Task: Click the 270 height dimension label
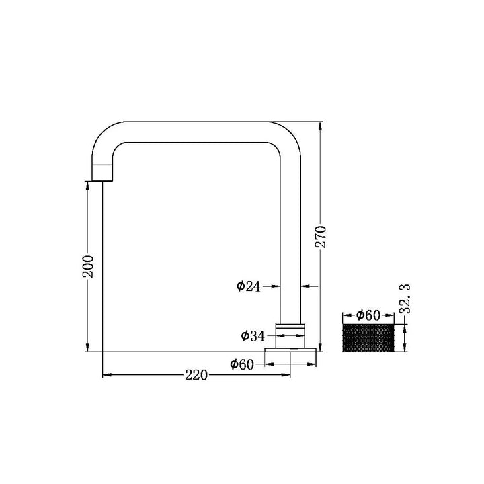(x=321, y=237)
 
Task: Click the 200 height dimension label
(x=88, y=266)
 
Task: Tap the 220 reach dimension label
(x=196, y=375)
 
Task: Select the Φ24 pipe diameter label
(x=249, y=286)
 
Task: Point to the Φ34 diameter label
(x=253, y=336)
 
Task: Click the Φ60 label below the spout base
(x=242, y=364)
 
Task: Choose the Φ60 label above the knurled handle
(x=368, y=315)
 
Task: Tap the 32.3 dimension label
(x=405, y=299)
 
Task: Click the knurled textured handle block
(x=368, y=337)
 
